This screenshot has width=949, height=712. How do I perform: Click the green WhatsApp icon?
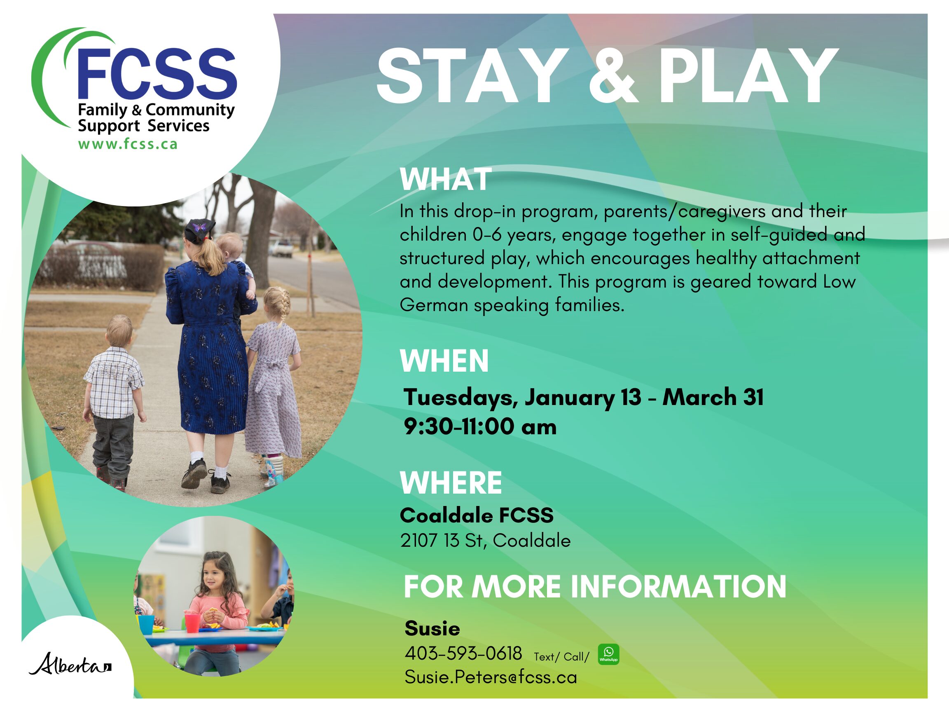click(608, 654)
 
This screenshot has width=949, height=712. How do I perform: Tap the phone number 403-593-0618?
click(463, 653)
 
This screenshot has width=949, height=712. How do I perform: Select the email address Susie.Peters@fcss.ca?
click(491, 677)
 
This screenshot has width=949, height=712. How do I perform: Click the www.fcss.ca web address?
click(128, 144)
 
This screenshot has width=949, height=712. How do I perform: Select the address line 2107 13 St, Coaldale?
click(485, 540)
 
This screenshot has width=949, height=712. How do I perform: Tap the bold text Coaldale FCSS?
click(477, 515)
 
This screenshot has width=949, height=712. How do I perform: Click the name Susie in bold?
click(432, 629)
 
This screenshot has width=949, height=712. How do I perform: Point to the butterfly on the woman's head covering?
click(199, 226)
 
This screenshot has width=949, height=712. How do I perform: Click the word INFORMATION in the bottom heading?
click(678, 587)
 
